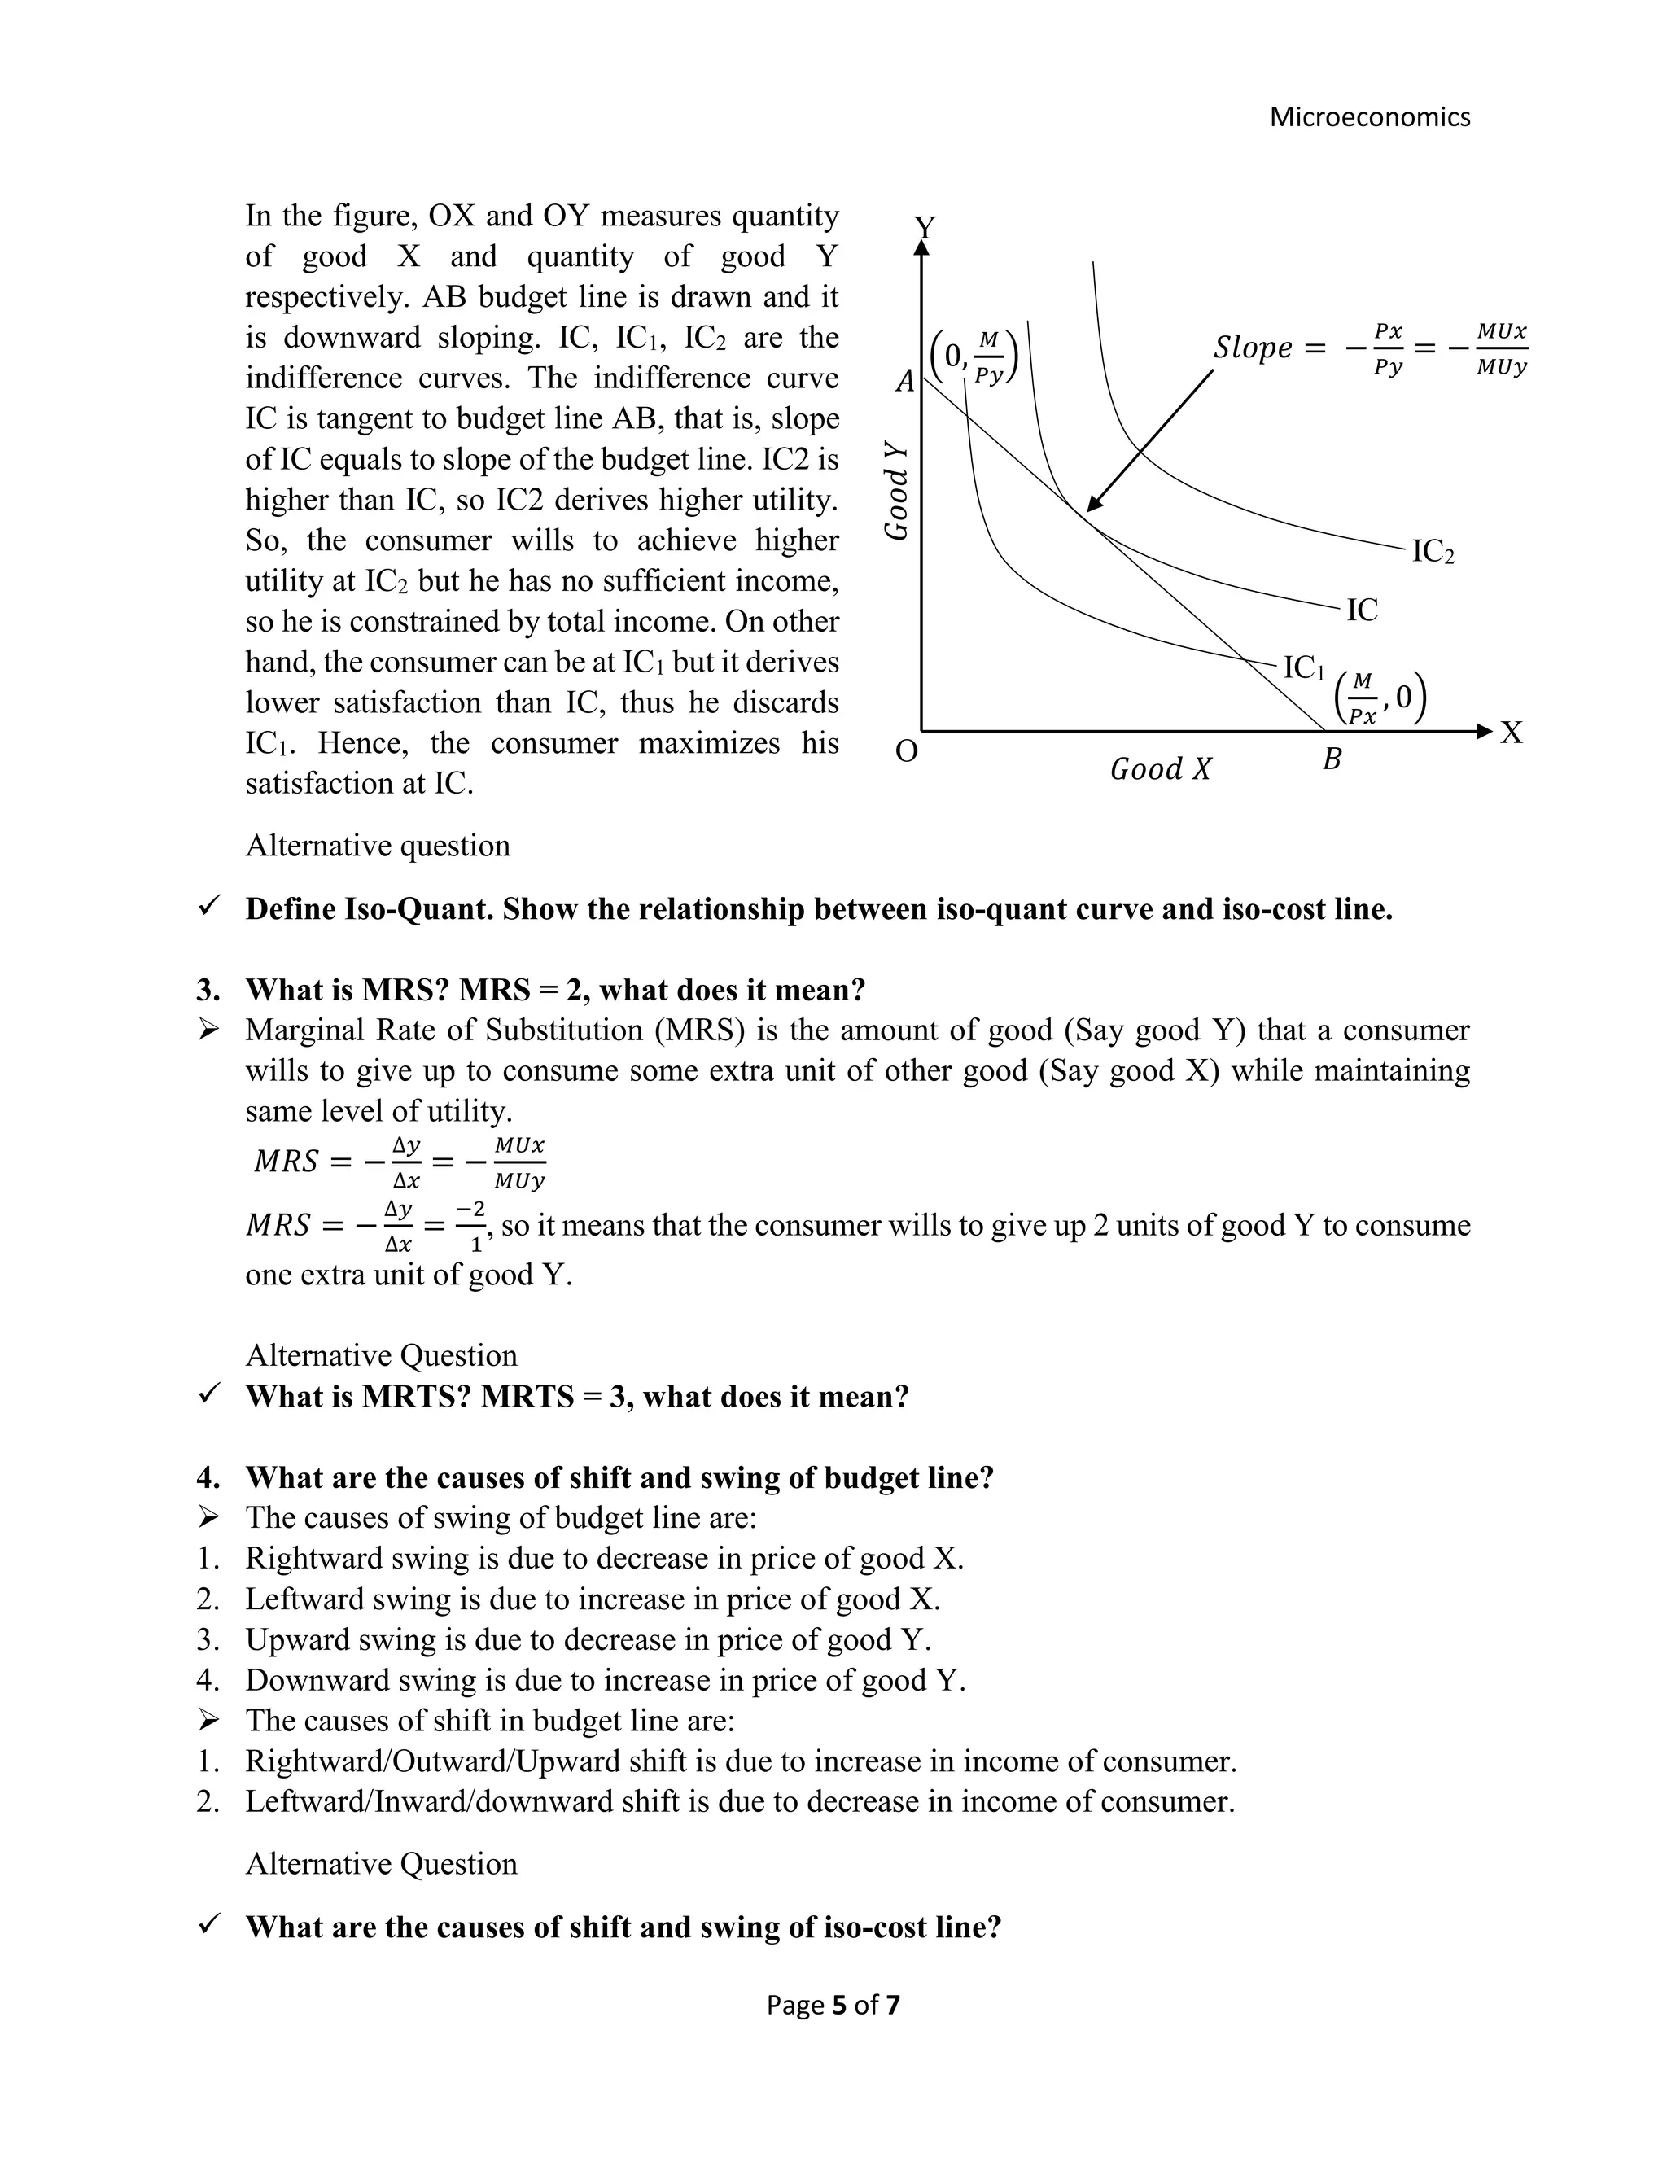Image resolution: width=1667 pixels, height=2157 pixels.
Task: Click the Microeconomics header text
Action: (1369, 116)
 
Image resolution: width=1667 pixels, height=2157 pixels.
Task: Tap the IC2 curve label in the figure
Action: (1432, 551)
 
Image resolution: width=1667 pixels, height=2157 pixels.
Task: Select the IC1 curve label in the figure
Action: (1302, 668)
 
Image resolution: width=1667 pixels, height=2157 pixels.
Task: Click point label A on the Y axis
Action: (904, 381)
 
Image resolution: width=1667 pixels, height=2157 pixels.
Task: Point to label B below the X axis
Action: (1331, 759)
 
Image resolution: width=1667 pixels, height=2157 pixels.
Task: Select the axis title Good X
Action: (1159, 768)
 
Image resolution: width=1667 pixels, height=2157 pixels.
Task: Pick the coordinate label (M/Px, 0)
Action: (1380, 698)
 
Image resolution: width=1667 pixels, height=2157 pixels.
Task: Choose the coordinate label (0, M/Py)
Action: (974, 356)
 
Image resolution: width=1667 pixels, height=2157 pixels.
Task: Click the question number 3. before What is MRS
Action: (208, 990)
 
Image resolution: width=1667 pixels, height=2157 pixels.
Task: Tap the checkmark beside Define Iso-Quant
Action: (208, 907)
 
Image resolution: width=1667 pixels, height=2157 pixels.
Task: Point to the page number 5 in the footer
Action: (839, 2005)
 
